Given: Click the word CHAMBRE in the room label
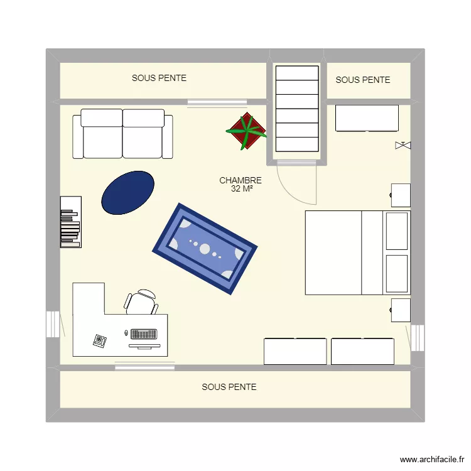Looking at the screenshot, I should pos(241,180).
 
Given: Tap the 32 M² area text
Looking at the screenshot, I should pos(241,188).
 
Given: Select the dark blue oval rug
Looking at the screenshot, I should pos(128,192).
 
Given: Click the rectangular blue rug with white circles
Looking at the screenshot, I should pos(205,248).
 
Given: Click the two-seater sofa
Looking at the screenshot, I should pos(122,134).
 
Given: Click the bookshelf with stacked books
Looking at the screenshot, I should pos(70,222).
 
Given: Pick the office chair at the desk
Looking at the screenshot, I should pos(141,301).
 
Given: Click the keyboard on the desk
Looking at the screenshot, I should pos(144,333).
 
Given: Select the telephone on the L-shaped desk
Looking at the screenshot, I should pos(100,340).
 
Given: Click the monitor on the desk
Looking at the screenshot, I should pos(144,345).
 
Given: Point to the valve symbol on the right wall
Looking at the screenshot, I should pos(402,146).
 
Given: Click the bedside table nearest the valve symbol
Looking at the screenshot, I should pos(401,195).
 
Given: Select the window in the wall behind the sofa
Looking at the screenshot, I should pos(217,102).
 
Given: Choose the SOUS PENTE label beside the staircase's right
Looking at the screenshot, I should pos(363,80).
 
